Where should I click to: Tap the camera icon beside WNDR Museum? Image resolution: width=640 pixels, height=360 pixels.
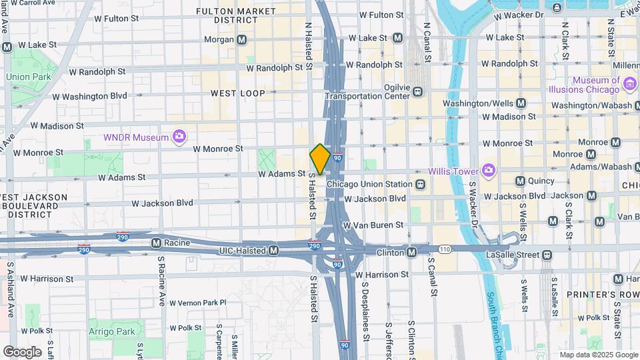179,137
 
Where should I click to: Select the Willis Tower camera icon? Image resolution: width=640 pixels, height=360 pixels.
488,171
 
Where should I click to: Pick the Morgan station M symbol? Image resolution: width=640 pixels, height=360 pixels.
242,40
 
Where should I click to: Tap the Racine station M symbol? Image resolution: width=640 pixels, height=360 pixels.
156,243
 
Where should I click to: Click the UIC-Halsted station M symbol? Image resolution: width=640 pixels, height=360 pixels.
273,251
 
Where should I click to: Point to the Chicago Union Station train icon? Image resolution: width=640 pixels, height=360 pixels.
420,184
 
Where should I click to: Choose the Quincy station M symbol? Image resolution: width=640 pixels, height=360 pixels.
521,181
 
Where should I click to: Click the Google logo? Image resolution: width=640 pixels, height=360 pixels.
22,351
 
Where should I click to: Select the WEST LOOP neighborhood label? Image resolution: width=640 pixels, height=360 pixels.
238,94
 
